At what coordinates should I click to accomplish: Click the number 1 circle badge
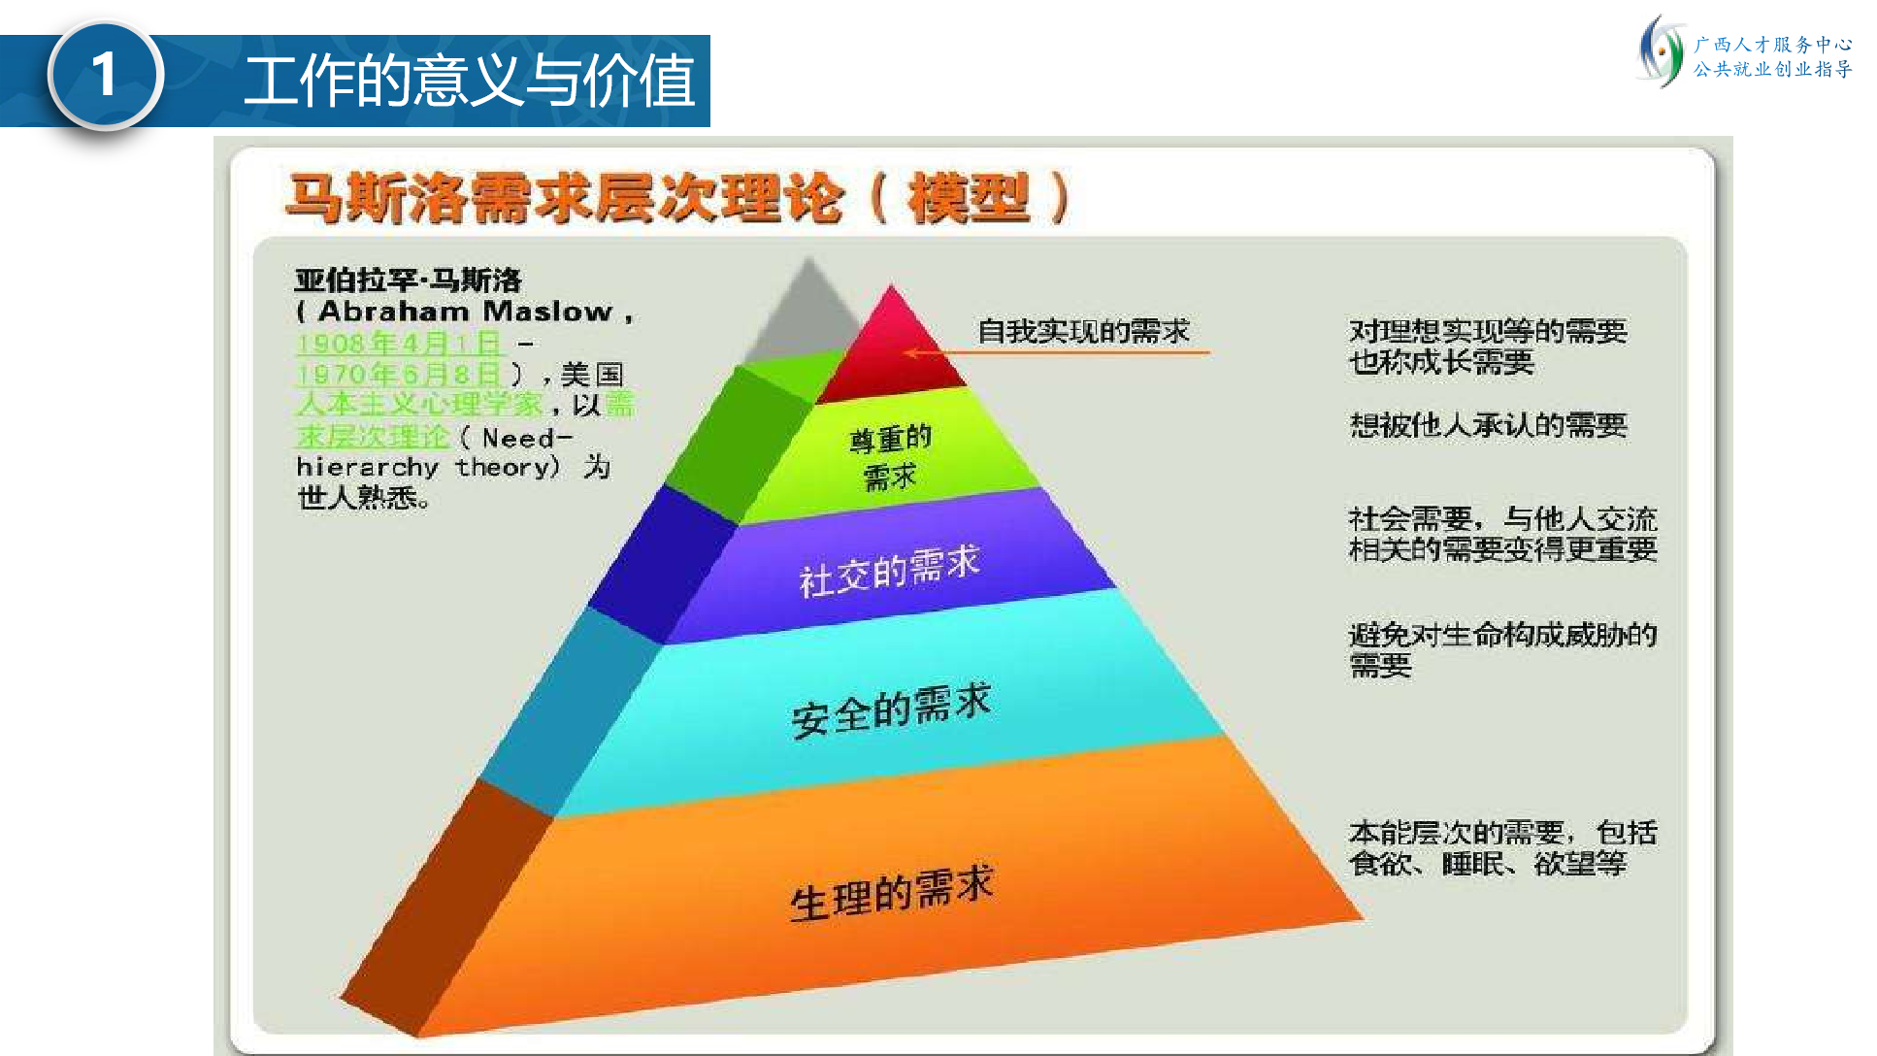point(105,75)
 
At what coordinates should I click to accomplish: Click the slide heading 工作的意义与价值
point(470,81)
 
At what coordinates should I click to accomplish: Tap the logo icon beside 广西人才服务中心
point(1660,56)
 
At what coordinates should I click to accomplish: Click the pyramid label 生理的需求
point(891,892)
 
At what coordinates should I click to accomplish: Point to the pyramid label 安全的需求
point(891,709)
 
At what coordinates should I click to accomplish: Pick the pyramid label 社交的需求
point(889,570)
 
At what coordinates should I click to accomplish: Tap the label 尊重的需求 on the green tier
point(890,457)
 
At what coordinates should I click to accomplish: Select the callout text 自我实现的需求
point(1083,331)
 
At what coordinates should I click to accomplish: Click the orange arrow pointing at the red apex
point(1057,352)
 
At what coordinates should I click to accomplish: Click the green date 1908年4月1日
point(399,343)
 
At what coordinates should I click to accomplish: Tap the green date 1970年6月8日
point(399,374)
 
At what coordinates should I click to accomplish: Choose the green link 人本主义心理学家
point(419,404)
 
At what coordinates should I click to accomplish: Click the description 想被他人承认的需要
point(1488,425)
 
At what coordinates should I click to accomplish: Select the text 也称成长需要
point(1441,362)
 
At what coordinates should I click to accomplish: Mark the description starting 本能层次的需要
point(1502,847)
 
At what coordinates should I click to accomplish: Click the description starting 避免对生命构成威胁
point(1502,649)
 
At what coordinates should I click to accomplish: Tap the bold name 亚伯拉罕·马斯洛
point(409,280)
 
